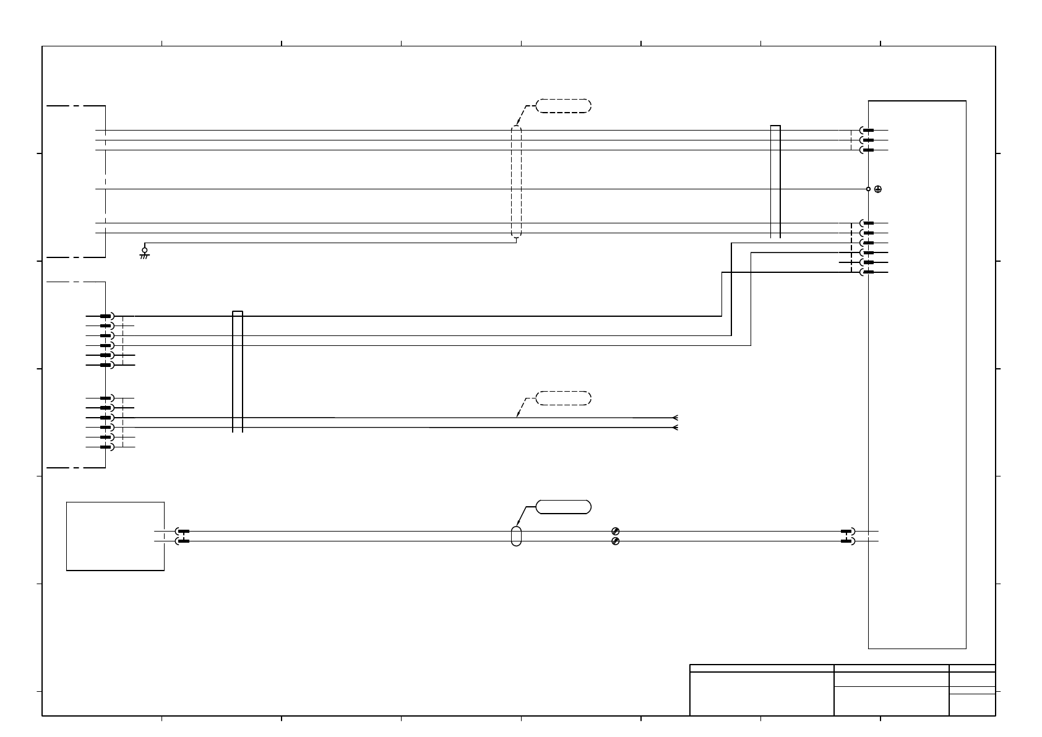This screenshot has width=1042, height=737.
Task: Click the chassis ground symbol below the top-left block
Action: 144,252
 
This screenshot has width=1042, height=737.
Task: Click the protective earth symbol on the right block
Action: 877,189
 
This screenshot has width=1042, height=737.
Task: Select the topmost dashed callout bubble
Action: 563,105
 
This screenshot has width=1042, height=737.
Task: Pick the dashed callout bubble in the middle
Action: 563,398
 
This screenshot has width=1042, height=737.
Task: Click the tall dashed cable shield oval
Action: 517,181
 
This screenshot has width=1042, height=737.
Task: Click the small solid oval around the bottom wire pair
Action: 517,536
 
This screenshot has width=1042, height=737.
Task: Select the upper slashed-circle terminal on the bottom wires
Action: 615,532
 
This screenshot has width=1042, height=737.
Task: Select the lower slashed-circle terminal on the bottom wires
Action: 615,541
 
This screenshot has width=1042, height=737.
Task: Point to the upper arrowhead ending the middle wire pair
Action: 675,418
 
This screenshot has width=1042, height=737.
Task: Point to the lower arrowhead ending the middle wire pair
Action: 675,428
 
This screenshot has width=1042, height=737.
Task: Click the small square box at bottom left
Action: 115,536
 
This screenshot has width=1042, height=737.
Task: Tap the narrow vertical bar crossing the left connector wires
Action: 238,371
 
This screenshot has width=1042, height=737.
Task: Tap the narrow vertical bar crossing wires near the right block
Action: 775,181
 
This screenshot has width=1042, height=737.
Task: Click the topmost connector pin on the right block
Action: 867,131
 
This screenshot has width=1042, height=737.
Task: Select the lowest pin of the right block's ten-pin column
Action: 867,272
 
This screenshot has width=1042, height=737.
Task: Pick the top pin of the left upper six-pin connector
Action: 106,316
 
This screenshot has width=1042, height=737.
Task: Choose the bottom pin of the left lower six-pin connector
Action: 106,447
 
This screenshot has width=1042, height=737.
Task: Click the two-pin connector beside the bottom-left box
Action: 183,537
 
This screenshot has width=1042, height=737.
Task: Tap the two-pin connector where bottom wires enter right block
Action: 848,537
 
